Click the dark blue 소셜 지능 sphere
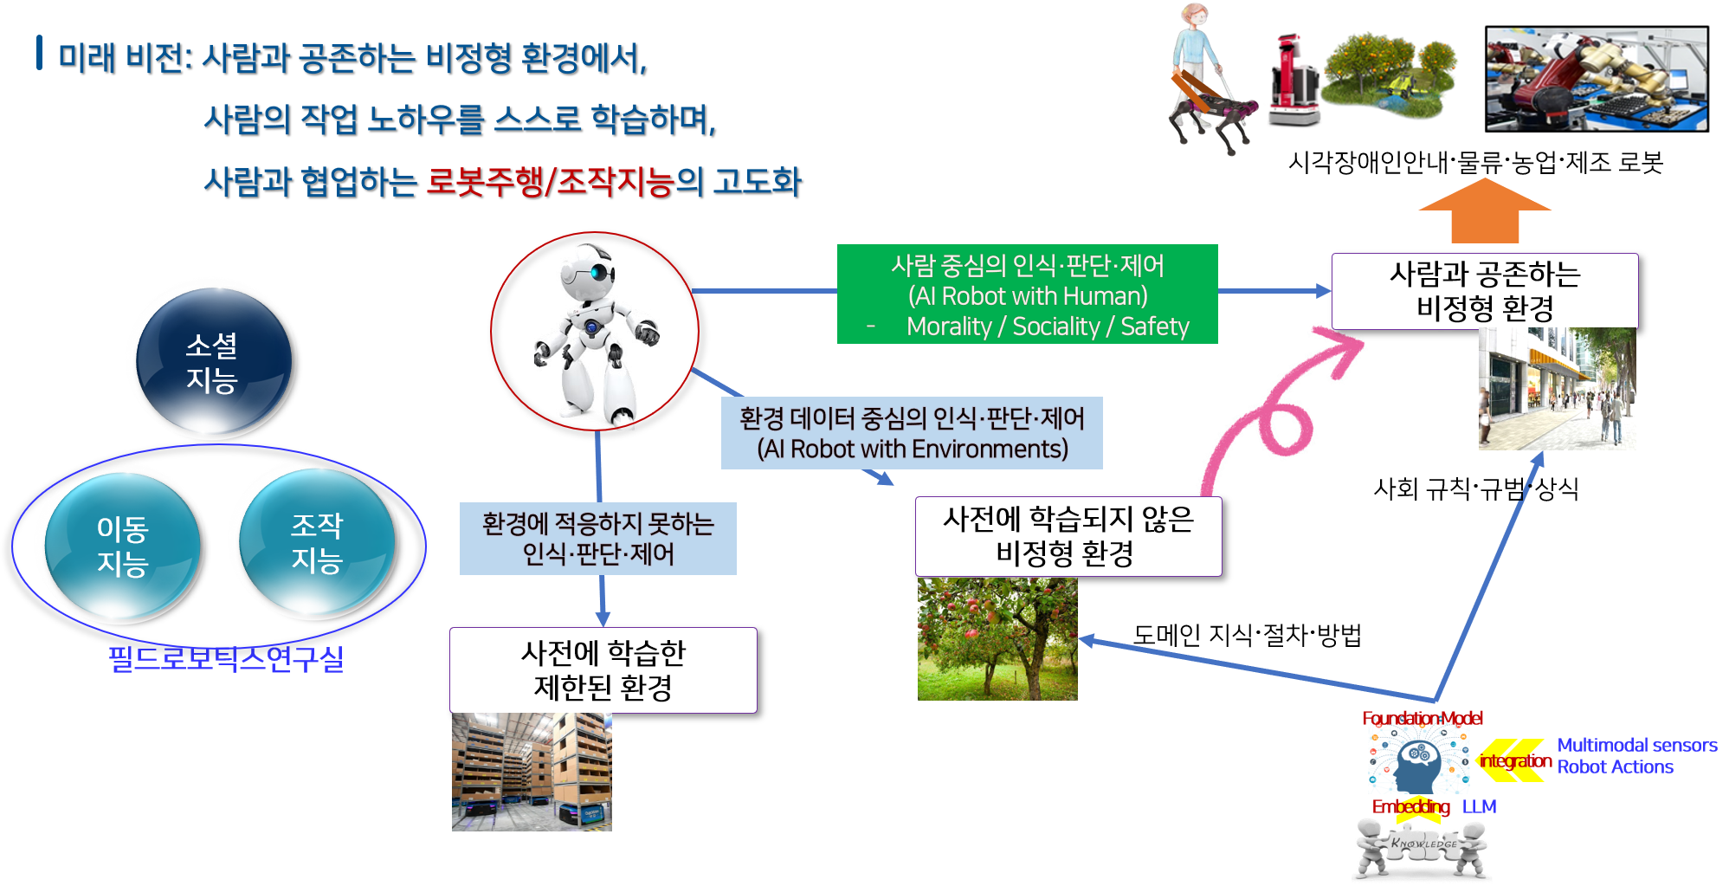[214, 361]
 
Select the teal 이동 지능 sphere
[123, 546]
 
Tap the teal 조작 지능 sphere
[317, 542]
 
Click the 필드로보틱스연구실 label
[226, 659]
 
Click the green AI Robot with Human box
[1027, 294]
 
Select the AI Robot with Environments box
[912, 433]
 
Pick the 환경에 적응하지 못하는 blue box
[598, 539]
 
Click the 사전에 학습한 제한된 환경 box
[603, 670]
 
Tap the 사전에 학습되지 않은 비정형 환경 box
[1068, 536]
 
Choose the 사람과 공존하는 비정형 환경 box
[1485, 291]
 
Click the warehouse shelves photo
[532, 772]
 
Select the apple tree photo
[997, 638]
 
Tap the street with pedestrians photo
[1558, 389]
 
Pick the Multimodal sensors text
[1637, 745]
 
